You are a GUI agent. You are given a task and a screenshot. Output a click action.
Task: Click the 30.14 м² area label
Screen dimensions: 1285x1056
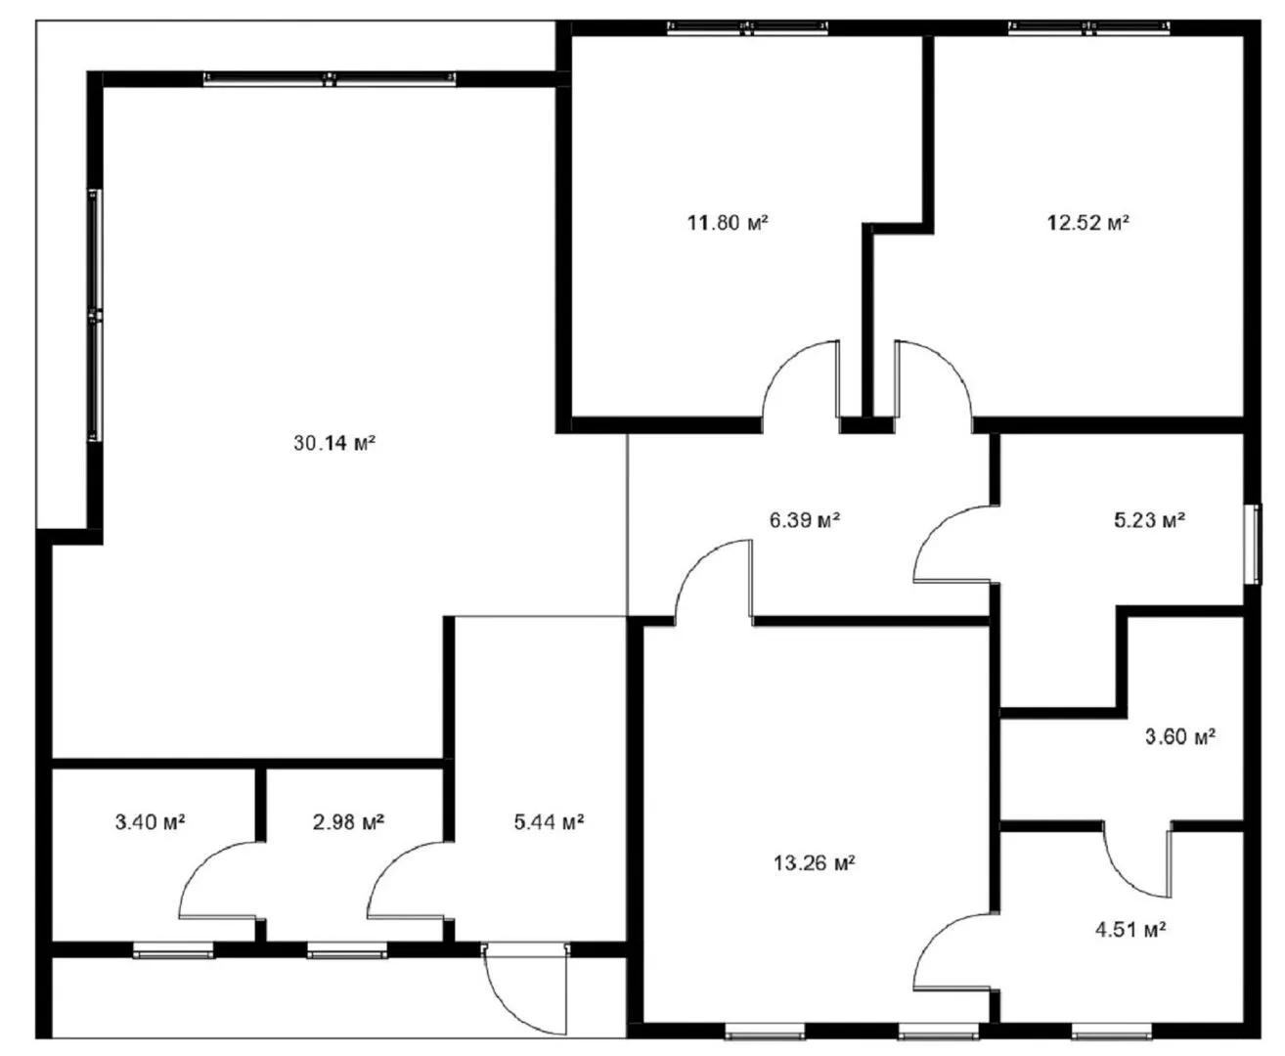tap(333, 443)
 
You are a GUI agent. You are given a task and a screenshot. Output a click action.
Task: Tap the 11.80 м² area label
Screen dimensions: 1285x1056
tap(728, 222)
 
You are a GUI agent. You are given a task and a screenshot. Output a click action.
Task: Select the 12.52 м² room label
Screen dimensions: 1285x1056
tap(1088, 222)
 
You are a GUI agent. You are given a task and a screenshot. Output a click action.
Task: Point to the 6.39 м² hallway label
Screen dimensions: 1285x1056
tap(804, 520)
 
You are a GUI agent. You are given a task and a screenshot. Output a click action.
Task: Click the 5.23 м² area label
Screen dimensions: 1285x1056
tap(1149, 520)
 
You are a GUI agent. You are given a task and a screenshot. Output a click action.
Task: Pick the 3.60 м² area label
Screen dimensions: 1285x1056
tap(1180, 736)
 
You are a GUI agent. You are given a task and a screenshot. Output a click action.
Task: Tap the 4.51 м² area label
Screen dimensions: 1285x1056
tap(1130, 931)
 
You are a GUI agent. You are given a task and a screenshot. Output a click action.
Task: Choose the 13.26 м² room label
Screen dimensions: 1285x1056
tap(814, 862)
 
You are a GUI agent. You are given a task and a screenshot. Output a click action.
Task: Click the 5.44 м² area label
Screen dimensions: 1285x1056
tap(549, 822)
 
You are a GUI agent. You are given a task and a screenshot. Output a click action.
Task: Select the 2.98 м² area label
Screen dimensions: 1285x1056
tap(348, 822)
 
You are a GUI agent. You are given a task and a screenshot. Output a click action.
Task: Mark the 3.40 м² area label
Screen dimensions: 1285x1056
tap(150, 822)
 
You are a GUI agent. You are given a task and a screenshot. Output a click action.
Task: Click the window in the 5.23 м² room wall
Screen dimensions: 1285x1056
tap(1253, 545)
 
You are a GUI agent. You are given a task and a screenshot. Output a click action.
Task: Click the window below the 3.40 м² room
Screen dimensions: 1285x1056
tap(174, 950)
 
